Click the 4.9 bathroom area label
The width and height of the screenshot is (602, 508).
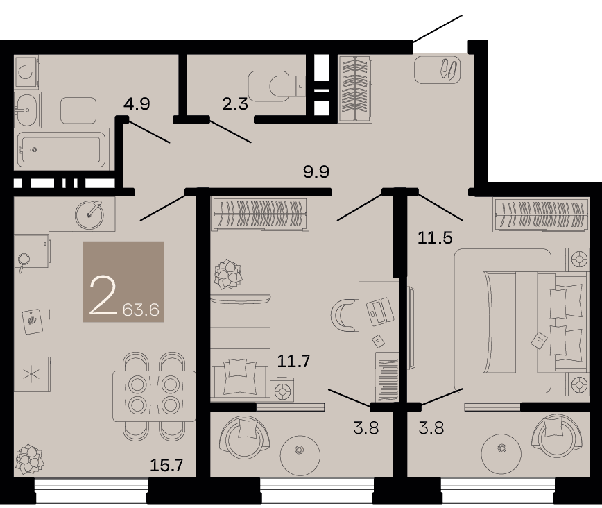coord(137,104)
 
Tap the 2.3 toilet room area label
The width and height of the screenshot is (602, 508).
coord(235,104)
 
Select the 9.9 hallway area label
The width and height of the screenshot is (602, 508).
coord(316,171)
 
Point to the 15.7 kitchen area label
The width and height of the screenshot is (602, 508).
coord(166,466)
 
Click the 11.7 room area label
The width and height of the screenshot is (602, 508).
coord(293,361)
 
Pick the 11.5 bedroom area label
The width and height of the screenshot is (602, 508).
coord(435,238)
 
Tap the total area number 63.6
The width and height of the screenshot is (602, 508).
coord(141,310)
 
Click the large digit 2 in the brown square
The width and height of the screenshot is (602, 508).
coord(103,296)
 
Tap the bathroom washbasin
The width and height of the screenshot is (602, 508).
coord(27,110)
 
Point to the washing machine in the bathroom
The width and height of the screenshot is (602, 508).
coord(26,71)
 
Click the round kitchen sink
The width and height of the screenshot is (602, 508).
coord(89,215)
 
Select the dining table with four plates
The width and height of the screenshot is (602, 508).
coord(154,396)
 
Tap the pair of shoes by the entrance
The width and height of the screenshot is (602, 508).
coord(449,69)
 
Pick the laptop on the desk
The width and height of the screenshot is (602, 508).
coord(380,312)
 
